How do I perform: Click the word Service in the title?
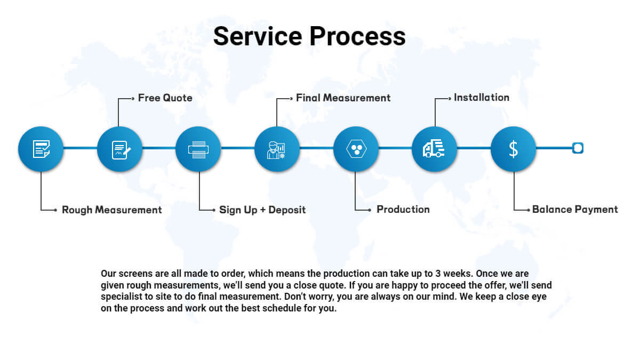click(x=258, y=36)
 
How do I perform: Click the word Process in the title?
click(x=358, y=36)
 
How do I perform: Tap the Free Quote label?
click(x=165, y=98)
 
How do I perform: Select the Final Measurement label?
click(x=343, y=98)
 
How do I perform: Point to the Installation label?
click(x=482, y=98)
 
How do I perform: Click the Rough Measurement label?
click(x=111, y=210)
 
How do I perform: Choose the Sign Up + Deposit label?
click(x=262, y=210)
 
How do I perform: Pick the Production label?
click(x=403, y=210)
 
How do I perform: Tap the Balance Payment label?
click(x=575, y=210)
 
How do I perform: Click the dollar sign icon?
click(x=514, y=149)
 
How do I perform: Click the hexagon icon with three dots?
click(x=356, y=149)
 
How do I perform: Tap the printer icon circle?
click(x=198, y=149)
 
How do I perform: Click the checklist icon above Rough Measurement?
click(x=41, y=149)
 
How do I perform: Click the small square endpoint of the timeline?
click(x=578, y=148)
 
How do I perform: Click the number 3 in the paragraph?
click(x=438, y=274)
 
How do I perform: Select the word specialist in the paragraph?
click(x=122, y=297)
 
